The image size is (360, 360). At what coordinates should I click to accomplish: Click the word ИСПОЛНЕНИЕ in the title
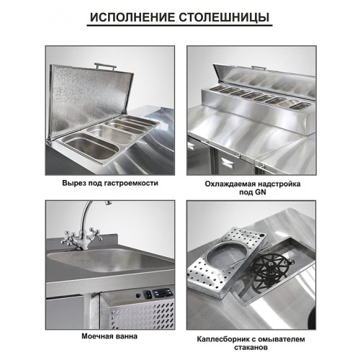pyautogui.click(x=135, y=17)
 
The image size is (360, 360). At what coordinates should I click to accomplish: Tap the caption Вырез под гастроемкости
pyautogui.click(x=110, y=183)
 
